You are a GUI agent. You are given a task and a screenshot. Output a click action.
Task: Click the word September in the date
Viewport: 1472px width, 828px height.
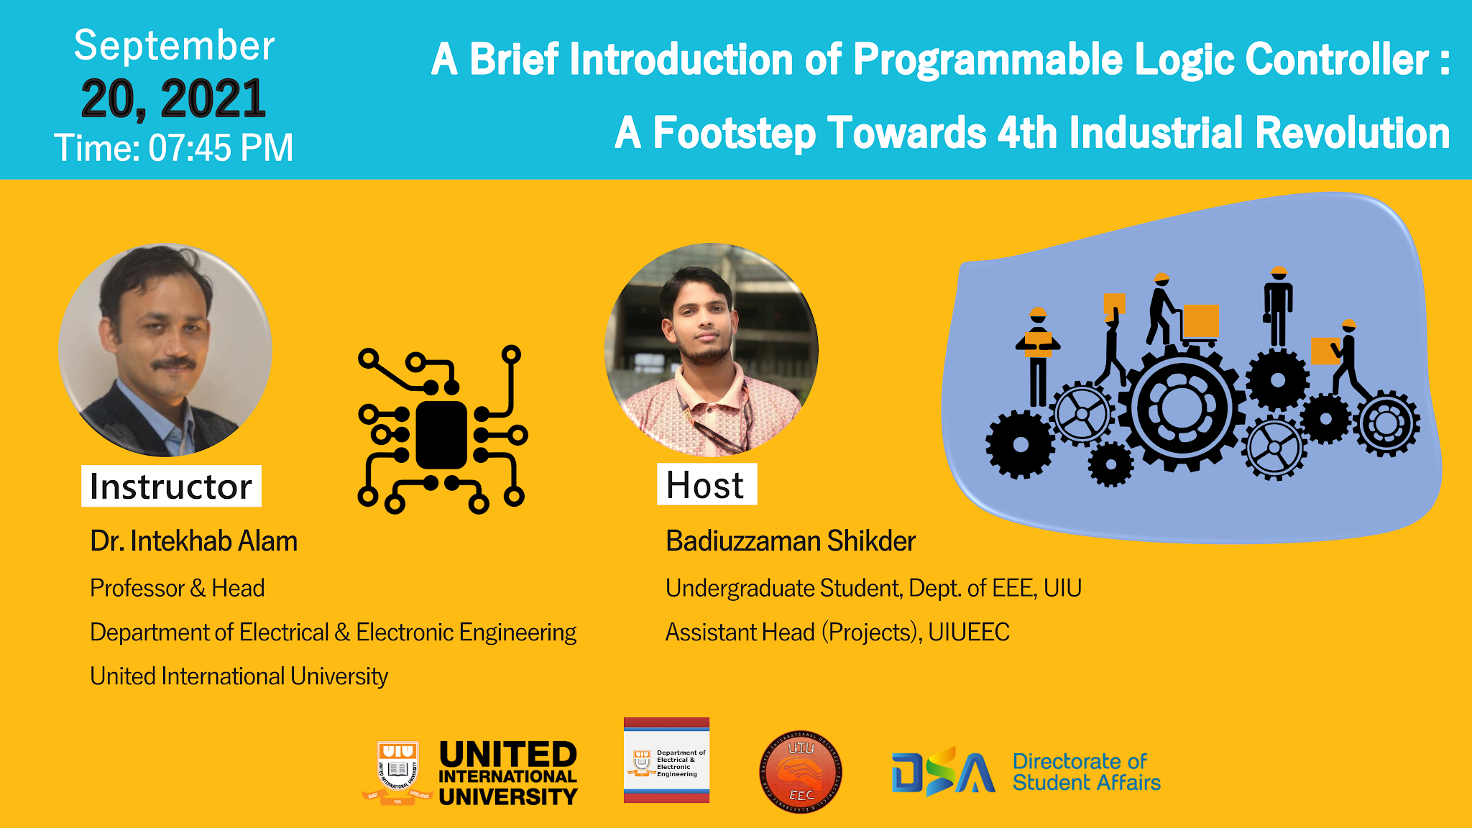tap(174, 46)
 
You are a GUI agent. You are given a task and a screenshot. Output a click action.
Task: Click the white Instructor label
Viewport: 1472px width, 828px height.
tap(171, 487)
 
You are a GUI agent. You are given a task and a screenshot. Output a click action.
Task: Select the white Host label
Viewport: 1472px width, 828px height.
tap(706, 485)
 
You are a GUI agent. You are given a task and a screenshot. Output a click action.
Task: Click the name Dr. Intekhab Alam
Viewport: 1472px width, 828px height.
tap(193, 541)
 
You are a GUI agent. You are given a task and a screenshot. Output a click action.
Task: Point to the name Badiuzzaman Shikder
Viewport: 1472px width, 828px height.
tap(790, 541)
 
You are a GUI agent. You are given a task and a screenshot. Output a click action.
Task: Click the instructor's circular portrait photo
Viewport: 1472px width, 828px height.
tap(165, 350)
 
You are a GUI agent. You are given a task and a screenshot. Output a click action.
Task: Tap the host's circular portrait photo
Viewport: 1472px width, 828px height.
tap(711, 350)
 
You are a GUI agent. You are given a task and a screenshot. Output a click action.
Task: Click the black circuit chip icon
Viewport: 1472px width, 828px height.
tap(441, 431)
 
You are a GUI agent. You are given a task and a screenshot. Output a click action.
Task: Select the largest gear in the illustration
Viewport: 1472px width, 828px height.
tap(1182, 408)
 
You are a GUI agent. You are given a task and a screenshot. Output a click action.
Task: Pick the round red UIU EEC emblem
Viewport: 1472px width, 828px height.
tap(801, 772)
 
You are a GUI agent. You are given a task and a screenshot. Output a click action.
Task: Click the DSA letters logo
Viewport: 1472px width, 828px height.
tap(943, 772)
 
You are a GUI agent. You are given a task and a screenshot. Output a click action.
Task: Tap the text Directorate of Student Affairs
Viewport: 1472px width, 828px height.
tap(1086, 772)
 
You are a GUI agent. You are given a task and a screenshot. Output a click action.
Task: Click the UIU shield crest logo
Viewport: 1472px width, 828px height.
tap(397, 772)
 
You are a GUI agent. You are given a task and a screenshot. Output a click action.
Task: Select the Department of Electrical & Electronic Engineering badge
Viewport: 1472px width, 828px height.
tap(666, 760)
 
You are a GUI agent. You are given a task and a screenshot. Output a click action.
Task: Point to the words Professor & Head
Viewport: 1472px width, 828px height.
tap(177, 588)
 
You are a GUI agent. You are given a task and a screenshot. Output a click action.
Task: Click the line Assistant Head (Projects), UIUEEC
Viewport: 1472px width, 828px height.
tap(837, 632)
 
